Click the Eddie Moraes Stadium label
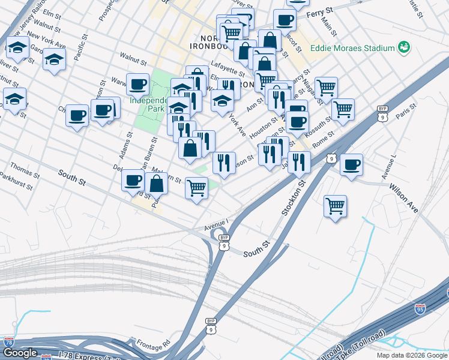(x=352, y=48)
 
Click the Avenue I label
(x=215, y=223)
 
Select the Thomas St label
(x=25, y=168)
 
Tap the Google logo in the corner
(x=20, y=353)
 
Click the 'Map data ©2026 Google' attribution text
(x=412, y=355)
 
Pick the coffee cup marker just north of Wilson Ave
(x=351, y=164)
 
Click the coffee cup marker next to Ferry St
(x=285, y=19)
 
